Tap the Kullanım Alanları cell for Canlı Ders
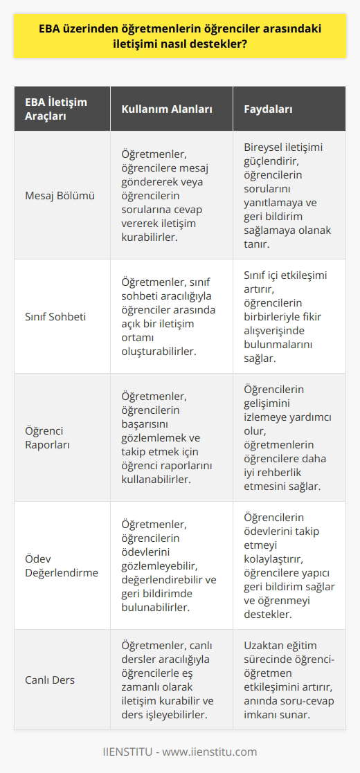[x=169, y=680]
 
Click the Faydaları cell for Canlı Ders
[x=290, y=680]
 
